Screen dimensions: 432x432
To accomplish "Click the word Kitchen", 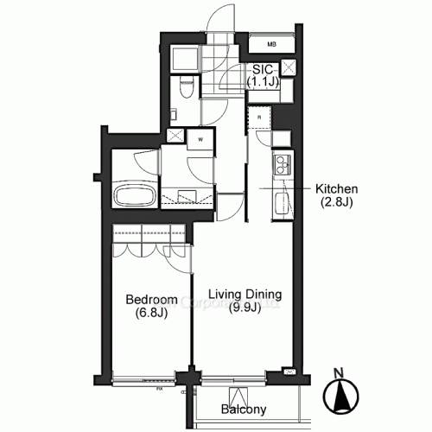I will click(x=336, y=189).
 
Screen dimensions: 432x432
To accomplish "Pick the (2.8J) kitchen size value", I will click(x=336, y=203).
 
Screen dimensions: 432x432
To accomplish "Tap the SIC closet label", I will click(x=263, y=70).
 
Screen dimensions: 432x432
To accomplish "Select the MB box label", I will click(x=271, y=44).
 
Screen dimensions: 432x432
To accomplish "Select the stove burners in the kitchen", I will click(x=282, y=167).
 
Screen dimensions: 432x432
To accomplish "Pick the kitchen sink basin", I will click(x=282, y=205).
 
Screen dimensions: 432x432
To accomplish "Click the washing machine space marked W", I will click(x=200, y=138).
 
